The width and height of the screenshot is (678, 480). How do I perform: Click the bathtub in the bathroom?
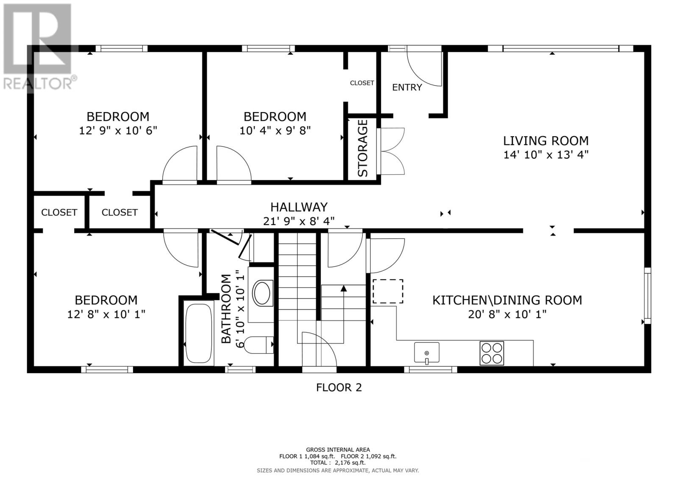[x=199, y=333]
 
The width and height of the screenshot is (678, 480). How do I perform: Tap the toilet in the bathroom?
[x=259, y=345]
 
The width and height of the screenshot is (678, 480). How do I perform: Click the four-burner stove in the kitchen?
[x=492, y=353]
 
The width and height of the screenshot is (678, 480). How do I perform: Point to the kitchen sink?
[x=426, y=352]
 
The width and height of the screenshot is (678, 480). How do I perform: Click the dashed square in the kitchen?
[x=388, y=291]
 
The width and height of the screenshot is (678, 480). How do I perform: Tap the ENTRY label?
[x=407, y=87]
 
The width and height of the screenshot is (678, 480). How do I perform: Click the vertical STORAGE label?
[x=363, y=148]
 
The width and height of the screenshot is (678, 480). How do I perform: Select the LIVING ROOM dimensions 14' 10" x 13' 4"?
[x=546, y=154]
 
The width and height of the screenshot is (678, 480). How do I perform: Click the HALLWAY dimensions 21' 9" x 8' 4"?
[x=299, y=221]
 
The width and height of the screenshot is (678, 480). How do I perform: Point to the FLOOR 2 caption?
[x=339, y=387]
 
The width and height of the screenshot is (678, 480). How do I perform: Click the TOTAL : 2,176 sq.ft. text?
[x=338, y=463]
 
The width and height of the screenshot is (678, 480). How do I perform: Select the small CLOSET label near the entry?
[x=362, y=83]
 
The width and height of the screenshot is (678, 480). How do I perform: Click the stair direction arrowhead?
[x=344, y=288]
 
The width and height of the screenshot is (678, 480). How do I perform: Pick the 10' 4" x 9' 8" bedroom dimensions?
[x=275, y=131]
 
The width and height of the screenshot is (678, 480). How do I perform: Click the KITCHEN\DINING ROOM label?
[x=507, y=300]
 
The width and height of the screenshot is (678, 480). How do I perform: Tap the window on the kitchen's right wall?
[x=647, y=295]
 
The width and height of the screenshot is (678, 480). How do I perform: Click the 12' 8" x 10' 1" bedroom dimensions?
[x=106, y=314]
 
